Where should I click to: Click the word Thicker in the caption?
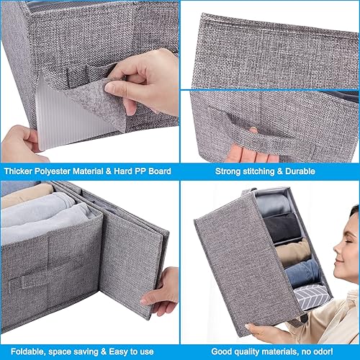(x=21, y=172)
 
